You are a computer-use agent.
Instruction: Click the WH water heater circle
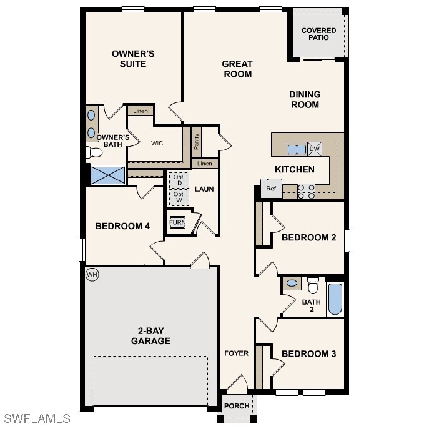92,274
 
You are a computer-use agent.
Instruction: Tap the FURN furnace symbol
177,222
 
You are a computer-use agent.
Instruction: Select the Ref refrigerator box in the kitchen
271,188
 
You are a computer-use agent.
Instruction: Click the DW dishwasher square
315,149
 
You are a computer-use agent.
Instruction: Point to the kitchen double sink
297,149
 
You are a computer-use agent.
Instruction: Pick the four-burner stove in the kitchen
306,192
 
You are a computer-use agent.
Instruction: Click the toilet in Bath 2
313,285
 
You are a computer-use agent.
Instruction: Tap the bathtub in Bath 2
335,299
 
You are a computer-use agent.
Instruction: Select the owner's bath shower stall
108,175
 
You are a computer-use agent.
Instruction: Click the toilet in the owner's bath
94,152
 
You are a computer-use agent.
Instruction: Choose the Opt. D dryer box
179,180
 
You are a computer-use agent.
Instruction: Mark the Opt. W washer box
179,197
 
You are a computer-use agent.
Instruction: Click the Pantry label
196,142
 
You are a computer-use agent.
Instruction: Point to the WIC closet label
157,143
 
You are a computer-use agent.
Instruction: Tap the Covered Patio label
318,34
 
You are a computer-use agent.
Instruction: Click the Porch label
237,406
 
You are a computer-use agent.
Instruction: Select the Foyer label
237,353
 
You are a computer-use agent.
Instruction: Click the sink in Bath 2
292,283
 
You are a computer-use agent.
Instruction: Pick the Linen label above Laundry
204,164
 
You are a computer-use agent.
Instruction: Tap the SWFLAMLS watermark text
37,418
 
